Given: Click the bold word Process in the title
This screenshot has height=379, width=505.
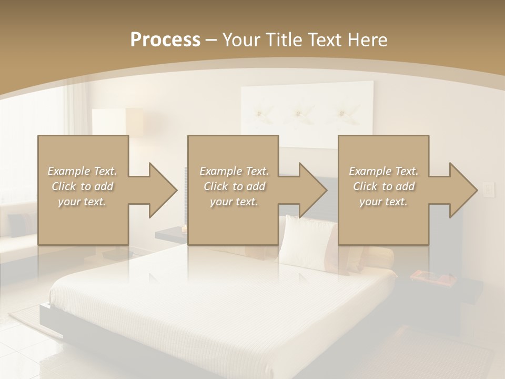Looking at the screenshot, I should click(165, 40).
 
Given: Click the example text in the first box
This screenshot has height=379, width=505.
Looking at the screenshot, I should click(83, 186).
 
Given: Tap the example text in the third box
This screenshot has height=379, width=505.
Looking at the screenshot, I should click(383, 186).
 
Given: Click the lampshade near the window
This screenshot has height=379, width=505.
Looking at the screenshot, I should click(117, 122).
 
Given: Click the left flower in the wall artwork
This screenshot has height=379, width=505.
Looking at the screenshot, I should click(259, 112).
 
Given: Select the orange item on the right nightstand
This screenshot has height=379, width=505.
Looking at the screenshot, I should click(427, 275).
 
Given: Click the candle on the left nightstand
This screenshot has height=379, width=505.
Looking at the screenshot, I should click(184, 229).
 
